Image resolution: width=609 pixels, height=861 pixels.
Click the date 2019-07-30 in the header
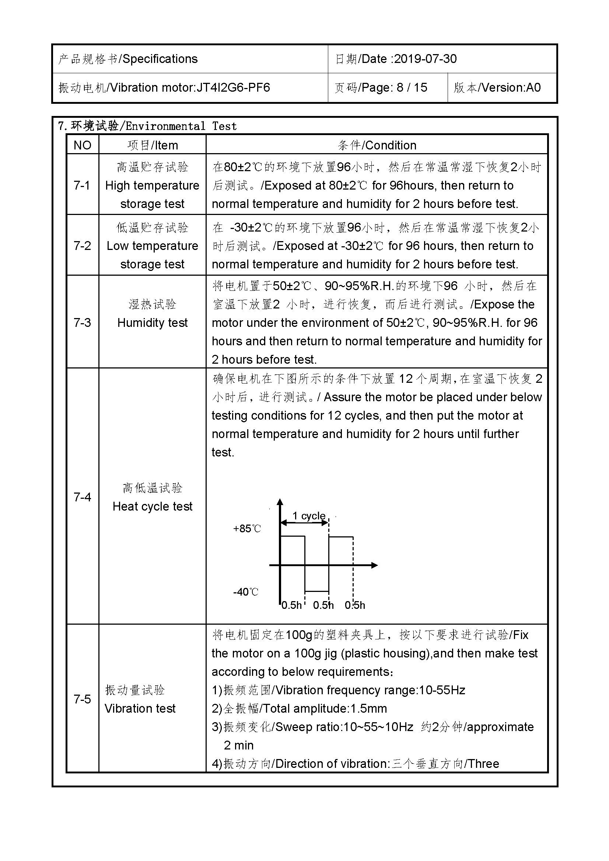pos(425,59)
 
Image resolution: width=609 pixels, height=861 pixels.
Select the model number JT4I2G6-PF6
pos(233,88)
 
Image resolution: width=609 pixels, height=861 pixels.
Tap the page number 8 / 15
pos(412,88)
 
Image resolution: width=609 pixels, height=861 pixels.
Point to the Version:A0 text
pos(511,88)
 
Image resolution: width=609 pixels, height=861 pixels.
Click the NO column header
pos(82,145)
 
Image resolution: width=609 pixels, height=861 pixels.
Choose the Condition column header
pos(390,145)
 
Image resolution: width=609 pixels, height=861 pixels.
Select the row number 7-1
pos(82,185)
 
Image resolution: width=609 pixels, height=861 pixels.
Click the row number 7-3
pos(82,322)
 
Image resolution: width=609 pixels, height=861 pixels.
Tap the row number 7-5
pos(82,699)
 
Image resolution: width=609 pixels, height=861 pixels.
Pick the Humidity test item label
pos(153,322)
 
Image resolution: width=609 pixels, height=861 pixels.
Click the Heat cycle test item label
pos(153,506)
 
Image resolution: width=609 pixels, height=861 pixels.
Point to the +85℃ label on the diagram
pos(246,529)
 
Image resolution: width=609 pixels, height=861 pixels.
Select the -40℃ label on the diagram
pos(245,592)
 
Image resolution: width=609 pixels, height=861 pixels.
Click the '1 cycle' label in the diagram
pos(308,516)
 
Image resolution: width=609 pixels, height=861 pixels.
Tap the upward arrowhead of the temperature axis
pos(280,502)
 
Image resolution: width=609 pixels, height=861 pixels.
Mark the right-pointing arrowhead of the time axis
pos(374,565)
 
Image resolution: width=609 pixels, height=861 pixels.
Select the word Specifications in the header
pos(160,59)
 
